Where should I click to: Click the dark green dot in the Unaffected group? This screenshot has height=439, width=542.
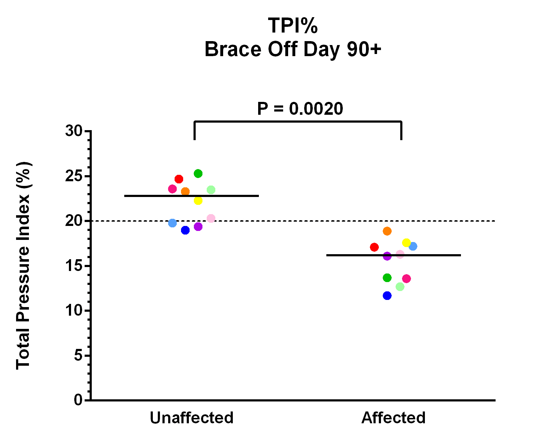coord(198,174)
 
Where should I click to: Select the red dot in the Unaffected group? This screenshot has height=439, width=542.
coord(179,179)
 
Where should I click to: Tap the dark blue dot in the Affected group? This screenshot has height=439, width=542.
coord(387,296)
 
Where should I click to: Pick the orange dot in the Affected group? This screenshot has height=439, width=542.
coord(387,231)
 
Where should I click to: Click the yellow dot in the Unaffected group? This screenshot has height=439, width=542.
coord(198,201)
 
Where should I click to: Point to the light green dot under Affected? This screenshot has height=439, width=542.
coord(400,287)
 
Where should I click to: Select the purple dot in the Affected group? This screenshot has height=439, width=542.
coord(387,256)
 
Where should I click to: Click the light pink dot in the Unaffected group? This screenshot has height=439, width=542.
coord(211,218)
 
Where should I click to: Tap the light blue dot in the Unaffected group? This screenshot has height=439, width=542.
coord(172,223)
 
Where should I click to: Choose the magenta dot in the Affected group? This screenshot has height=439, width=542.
coord(406,278)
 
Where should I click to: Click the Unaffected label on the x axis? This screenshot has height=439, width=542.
coord(192,418)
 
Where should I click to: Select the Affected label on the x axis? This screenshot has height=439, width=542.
coord(393,418)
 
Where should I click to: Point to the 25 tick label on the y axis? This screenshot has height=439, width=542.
coord(74,177)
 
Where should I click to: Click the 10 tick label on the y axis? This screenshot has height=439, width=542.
coord(74,311)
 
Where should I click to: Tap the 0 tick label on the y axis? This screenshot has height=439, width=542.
coord(78,400)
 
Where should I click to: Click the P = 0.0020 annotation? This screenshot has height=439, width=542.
coord(300,109)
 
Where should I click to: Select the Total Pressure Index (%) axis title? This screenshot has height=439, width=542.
coord(24,265)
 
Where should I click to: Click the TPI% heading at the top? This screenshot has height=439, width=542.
coord(293,26)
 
